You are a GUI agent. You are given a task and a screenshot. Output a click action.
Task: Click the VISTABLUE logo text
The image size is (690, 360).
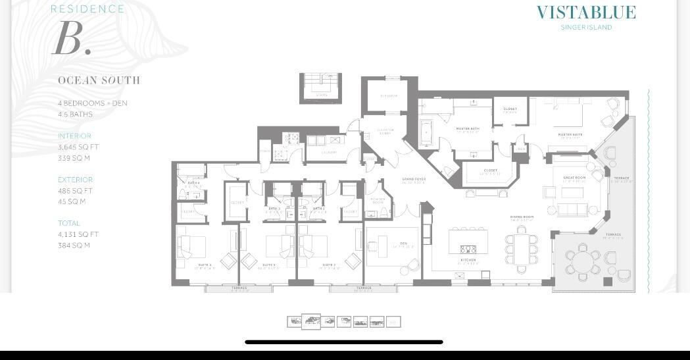click(586, 13)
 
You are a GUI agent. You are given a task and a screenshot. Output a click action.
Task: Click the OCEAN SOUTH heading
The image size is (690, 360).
click(99, 80)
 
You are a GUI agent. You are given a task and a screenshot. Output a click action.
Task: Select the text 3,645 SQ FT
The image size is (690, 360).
click(78, 147)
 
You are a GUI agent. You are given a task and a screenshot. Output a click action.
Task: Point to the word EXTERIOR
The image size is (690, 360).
click(75, 180)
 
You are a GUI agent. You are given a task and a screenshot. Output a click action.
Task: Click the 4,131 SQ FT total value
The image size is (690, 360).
click(78, 234)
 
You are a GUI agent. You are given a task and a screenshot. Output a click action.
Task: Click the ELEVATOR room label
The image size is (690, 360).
click(389, 96)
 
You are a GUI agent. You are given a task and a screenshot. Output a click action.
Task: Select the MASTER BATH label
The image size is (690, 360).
click(467, 129)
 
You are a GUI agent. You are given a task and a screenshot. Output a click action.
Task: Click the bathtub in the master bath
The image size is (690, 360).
click(426, 134)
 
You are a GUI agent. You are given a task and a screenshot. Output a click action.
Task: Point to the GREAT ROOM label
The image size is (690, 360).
click(574, 178)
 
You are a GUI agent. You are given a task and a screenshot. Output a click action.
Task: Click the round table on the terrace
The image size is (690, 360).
click(582, 261)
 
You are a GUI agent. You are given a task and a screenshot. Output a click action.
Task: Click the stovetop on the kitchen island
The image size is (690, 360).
click(468, 249)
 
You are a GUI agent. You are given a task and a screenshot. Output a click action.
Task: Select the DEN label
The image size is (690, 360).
click(403, 244)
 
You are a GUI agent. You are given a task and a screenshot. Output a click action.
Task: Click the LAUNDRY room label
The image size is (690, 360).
click(329, 153)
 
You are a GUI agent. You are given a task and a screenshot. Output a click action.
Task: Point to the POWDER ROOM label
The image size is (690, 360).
click(378, 201)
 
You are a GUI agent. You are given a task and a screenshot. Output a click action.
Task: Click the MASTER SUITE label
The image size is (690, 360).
click(570, 135)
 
